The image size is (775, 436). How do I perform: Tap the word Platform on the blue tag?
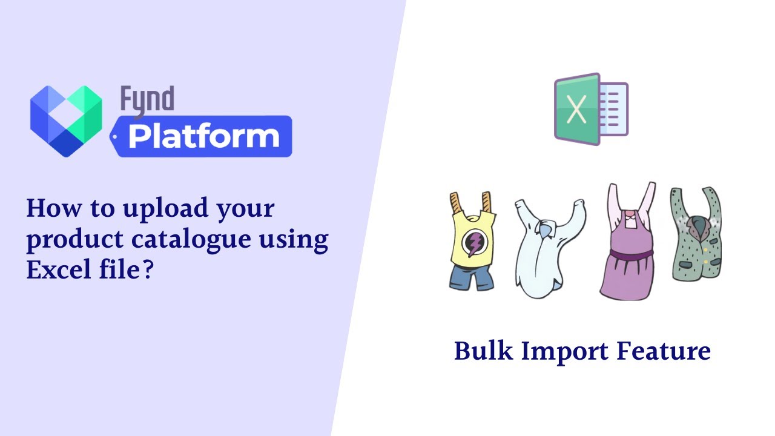tap(203, 137)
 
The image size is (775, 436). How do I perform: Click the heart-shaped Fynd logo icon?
tap(66, 121)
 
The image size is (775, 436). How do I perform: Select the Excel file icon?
tap(590, 109)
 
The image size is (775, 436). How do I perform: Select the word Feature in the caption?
tap(664, 351)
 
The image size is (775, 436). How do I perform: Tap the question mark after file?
tap(147, 269)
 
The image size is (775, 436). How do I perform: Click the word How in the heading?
tap(50, 209)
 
